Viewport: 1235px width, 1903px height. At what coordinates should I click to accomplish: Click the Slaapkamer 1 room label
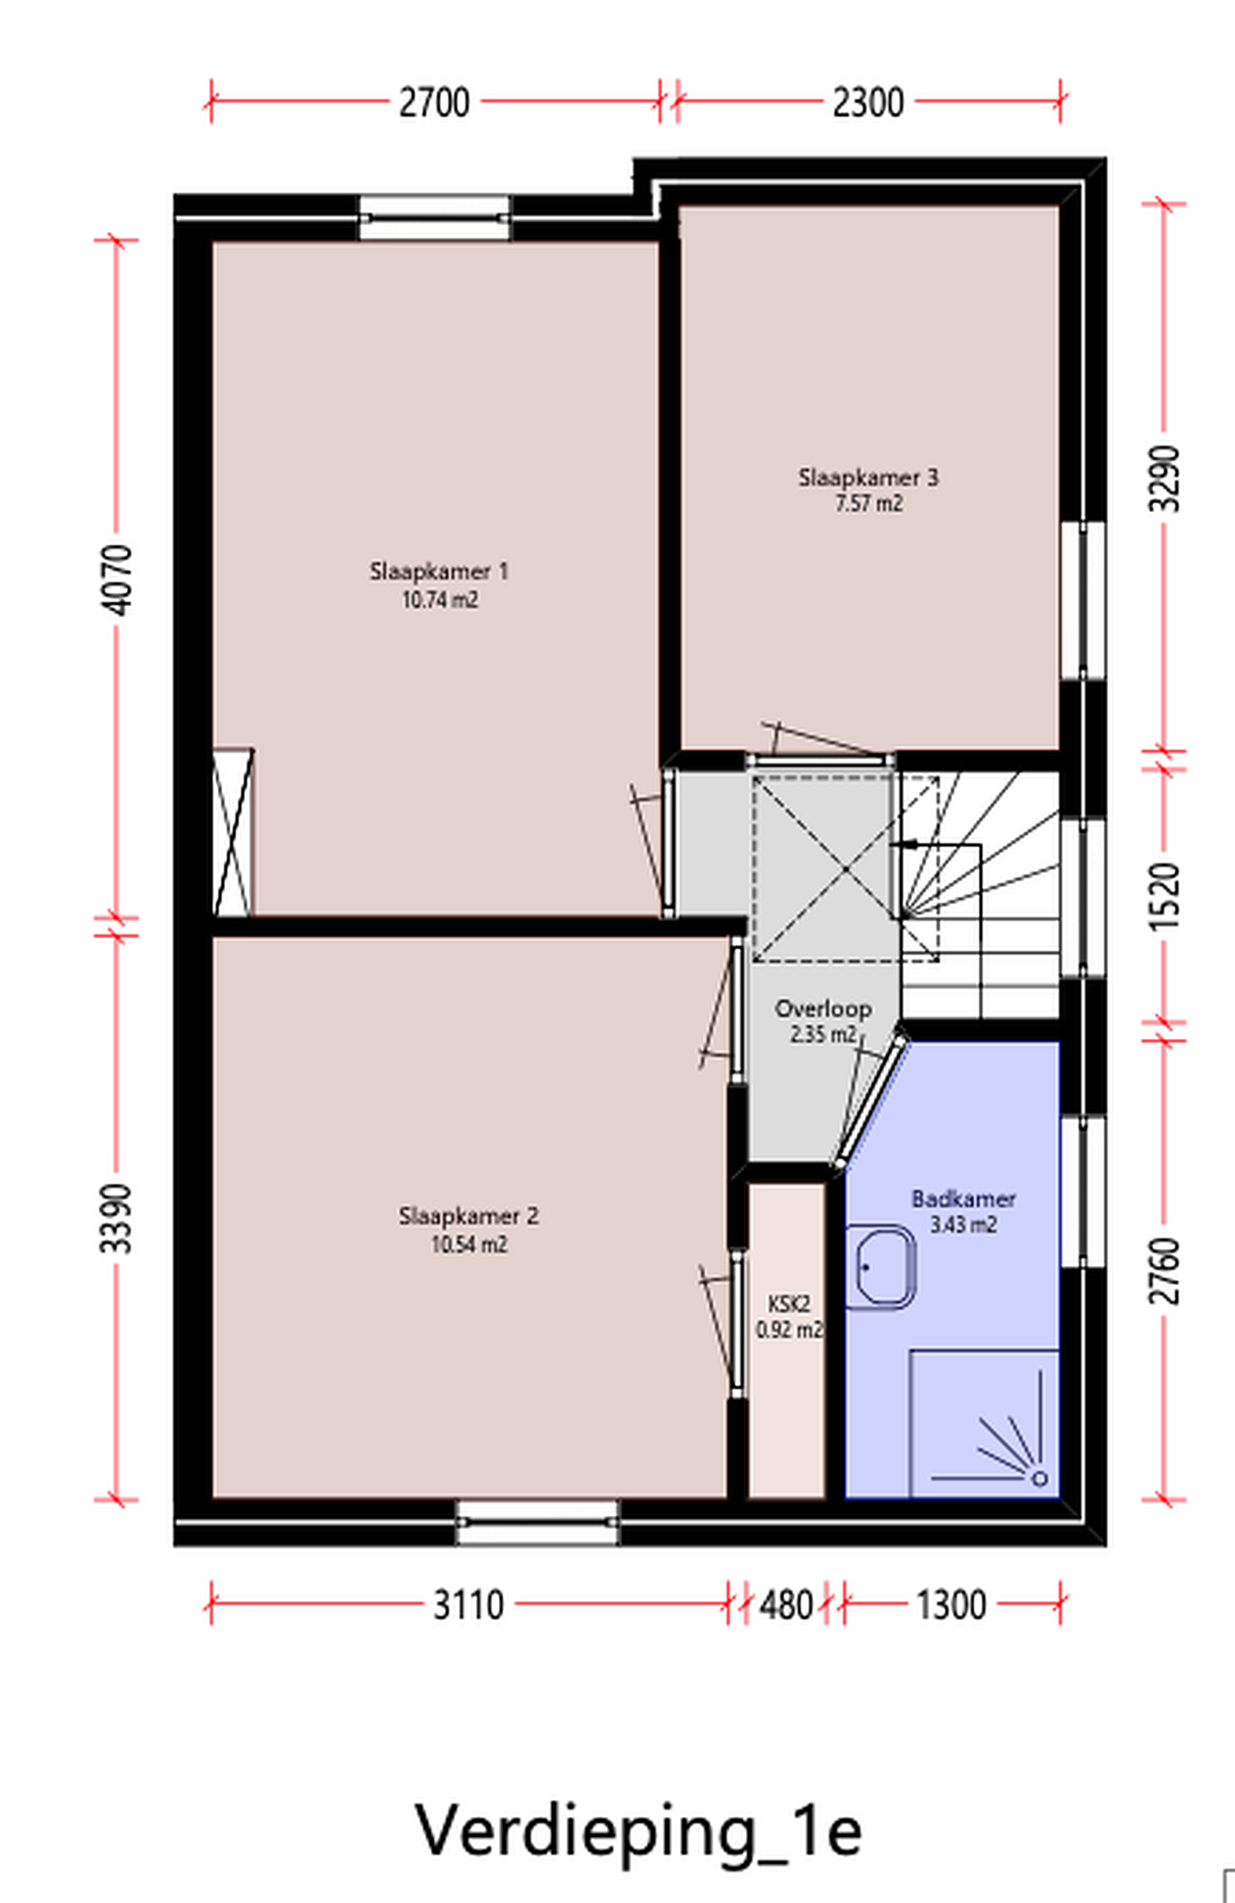(x=439, y=572)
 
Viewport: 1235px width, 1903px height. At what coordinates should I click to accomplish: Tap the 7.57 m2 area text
(x=869, y=504)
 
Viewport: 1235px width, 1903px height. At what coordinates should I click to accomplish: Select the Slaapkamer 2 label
(x=469, y=1216)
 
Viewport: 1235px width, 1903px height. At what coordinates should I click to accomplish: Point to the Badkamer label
(x=963, y=1199)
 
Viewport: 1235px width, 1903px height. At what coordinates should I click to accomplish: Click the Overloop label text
(x=823, y=1009)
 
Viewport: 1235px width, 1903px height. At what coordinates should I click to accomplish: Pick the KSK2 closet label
(x=789, y=1304)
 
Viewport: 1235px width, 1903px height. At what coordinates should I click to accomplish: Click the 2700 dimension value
(x=434, y=103)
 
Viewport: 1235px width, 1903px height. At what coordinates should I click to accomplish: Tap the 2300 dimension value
(x=868, y=103)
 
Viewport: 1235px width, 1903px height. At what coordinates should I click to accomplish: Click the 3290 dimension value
(x=1164, y=478)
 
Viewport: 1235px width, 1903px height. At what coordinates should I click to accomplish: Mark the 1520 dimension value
(x=1164, y=895)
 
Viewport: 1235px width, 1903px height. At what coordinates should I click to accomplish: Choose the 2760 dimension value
(x=1164, y=1271)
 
